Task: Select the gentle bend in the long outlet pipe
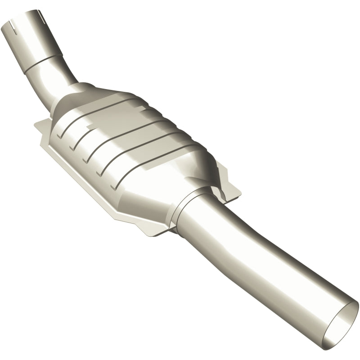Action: click(x=252, y=234)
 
